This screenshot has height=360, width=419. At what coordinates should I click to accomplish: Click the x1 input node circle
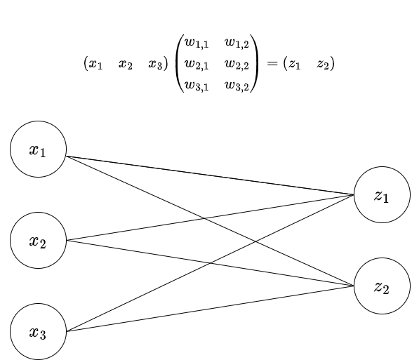click(38, 149)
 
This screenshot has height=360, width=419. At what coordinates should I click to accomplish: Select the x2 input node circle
click(38, 241)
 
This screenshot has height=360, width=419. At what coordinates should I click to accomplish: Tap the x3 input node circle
click(38, 332)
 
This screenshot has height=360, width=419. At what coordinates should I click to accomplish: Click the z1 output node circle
click(382, 195)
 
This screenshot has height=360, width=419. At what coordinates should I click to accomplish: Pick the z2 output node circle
click(382, 286)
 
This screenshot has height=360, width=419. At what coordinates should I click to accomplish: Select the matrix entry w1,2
click(237, 44)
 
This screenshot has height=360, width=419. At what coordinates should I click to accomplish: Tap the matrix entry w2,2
click(237, 65)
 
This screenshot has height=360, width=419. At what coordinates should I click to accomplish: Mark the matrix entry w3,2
click(237, 86)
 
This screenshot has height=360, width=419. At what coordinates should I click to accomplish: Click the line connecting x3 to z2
click(211, 309)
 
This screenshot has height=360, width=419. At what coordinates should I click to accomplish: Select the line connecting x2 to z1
click(211, 218)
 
